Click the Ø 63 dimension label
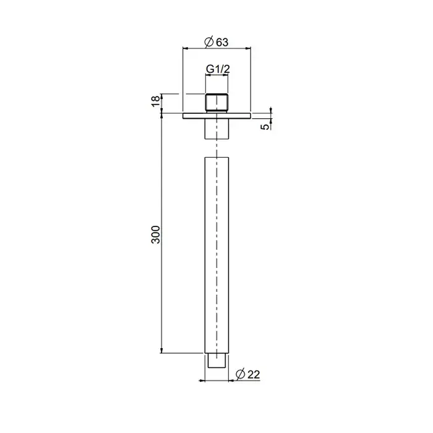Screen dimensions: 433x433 216,42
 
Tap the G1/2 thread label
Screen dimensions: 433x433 218,69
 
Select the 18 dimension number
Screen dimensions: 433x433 156,101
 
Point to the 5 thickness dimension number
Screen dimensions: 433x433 265,126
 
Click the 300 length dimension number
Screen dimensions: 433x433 156,234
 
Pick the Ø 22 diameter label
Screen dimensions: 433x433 248,374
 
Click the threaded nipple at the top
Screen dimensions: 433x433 216,103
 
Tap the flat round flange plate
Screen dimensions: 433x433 216,116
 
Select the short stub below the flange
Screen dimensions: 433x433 216,129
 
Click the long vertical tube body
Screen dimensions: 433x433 216,255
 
